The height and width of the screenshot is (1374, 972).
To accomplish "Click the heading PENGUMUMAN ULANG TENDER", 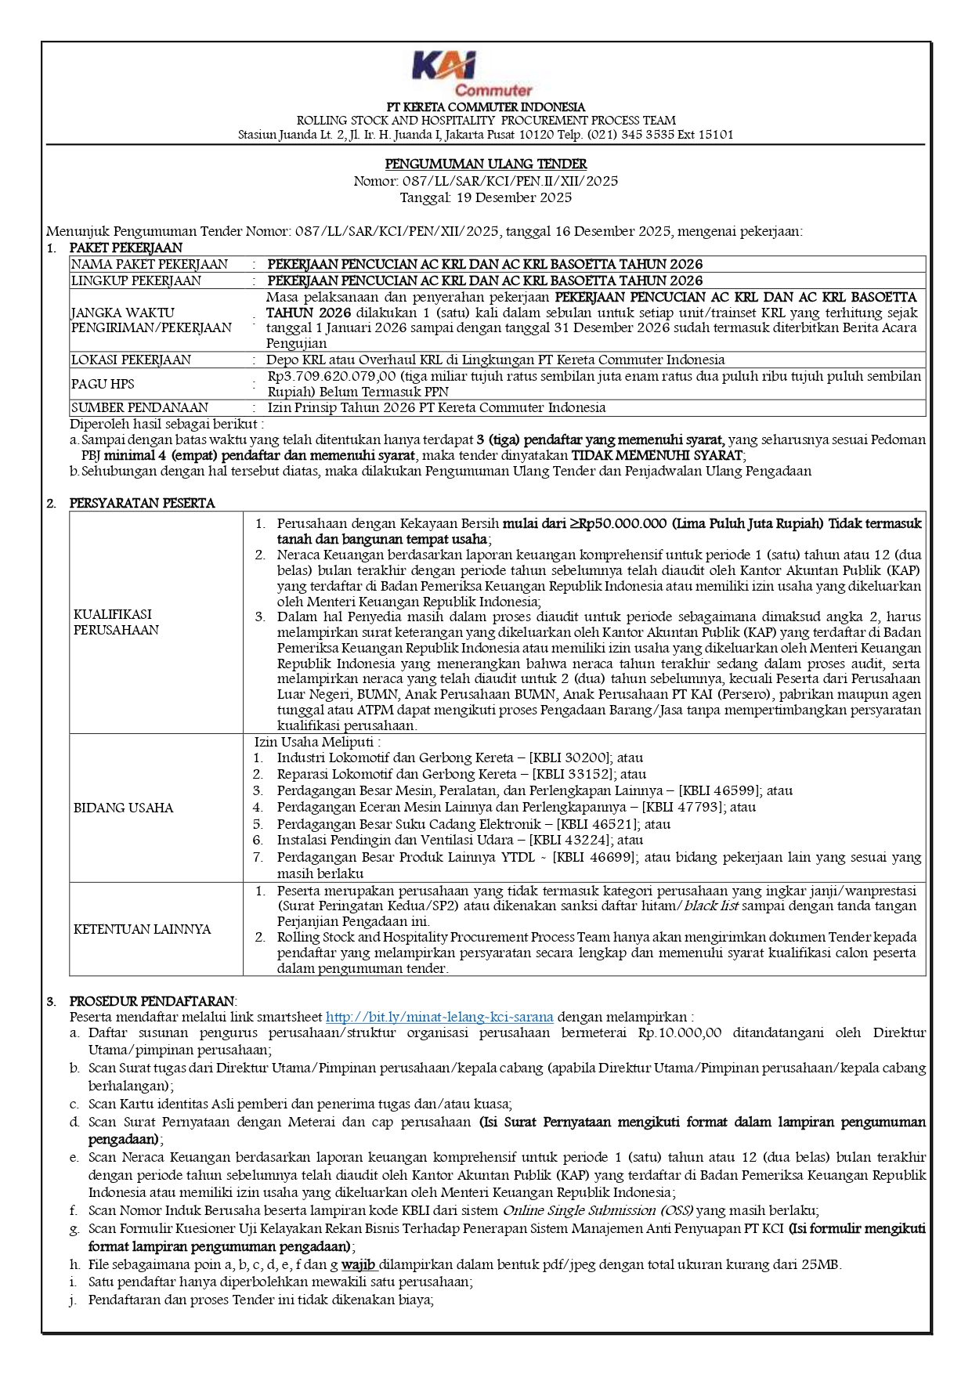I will pos(486,164).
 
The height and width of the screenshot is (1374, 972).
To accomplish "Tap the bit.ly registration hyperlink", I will pos(439,1017).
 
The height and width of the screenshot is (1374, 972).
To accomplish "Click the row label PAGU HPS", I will pos(103,384).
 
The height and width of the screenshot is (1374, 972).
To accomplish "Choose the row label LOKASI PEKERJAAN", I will pos(131,360).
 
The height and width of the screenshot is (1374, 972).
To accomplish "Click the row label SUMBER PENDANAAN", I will pos(139,407).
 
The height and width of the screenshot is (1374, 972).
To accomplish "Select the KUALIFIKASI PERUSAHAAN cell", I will pos(116,622).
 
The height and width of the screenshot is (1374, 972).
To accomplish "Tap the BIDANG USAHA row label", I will pos(123,808).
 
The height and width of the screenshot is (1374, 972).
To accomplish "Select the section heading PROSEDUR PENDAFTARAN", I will pos(152,1001).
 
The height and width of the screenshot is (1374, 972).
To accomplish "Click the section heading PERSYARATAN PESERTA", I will pos(142,503).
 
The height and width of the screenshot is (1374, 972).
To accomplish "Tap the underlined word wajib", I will pos(358,1264).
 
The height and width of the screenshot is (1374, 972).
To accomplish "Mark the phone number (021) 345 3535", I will pos(627,135).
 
